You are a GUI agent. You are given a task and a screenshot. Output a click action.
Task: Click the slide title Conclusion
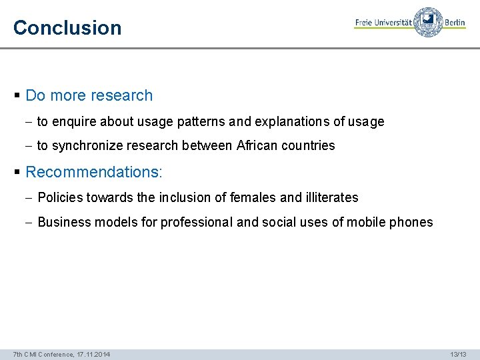[x=67, y=28]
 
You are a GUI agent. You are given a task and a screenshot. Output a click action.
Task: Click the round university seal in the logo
[x=427, y=22]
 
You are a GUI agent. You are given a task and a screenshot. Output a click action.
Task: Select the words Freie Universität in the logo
[x=383, y=23]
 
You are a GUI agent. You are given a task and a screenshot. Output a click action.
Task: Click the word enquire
[x=73, y=122]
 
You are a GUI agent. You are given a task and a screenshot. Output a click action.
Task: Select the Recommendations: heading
[x=93, y=172]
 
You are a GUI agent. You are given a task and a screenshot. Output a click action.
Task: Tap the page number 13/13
[x=459, y=354]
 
